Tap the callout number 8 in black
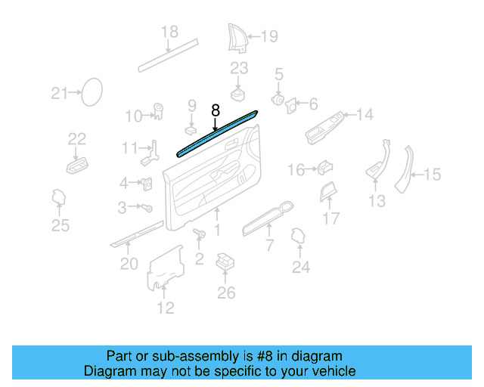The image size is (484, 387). coord(215,110)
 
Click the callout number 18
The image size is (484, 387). coord(169,32)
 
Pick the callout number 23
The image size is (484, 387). coord(239,69)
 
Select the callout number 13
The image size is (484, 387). coord(377,200)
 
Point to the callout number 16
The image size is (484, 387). coord(295,170)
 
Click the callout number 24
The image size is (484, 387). coord(301,266)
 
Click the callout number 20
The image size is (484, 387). coord(129,263)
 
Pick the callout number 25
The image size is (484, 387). coord(60,224)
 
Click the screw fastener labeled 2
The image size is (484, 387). coord(200,237)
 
